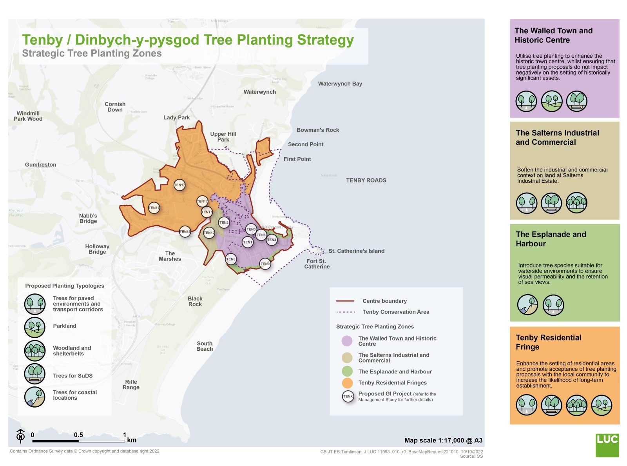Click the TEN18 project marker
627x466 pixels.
185,232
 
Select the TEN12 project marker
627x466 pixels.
209,233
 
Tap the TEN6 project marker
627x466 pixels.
231,259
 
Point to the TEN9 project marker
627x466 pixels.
265,264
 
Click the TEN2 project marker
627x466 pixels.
224,223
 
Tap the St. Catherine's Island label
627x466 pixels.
356,251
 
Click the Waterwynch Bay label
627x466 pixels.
340,84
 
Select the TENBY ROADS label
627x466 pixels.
366,180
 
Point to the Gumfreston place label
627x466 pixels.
40,165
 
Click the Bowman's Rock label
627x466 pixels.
318,130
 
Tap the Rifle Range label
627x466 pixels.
131,384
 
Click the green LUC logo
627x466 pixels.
607,445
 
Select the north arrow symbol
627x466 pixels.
21,436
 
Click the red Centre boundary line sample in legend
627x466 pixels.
345,301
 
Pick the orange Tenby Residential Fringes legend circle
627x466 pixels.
347,383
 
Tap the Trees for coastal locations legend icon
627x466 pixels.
35,397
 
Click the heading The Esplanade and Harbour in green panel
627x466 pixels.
551,239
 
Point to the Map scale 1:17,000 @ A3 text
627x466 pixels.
443,441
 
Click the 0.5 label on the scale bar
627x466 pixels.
78,435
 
